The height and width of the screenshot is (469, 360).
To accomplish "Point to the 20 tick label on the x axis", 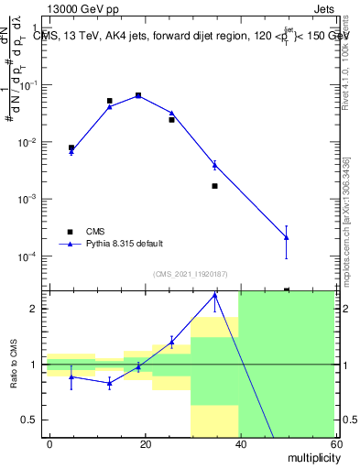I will pos(145,443).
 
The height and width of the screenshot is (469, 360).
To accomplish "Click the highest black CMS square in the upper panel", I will pos(138,95).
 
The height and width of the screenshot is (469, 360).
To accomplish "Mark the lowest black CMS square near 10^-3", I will pos(214,186).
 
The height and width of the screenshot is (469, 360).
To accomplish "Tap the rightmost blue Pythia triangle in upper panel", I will pos(287,237).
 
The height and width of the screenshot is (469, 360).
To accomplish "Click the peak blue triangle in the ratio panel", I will pos(214,296).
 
